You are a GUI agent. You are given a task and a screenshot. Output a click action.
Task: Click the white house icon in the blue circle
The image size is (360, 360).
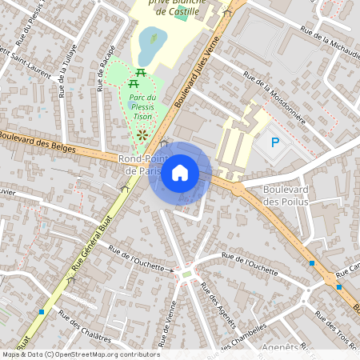tap(180, 173)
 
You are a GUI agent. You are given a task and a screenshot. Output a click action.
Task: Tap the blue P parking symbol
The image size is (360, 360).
tap(274, 143)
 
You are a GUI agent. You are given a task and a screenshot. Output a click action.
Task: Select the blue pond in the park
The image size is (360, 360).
tap(149, 48)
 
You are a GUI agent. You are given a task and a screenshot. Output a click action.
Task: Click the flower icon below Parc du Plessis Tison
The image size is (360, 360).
tap(143, 136)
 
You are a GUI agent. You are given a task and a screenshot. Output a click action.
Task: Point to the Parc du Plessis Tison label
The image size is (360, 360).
tap(141, 107)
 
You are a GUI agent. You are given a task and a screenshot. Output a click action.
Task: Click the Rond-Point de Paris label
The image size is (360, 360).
tap(141, 165)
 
